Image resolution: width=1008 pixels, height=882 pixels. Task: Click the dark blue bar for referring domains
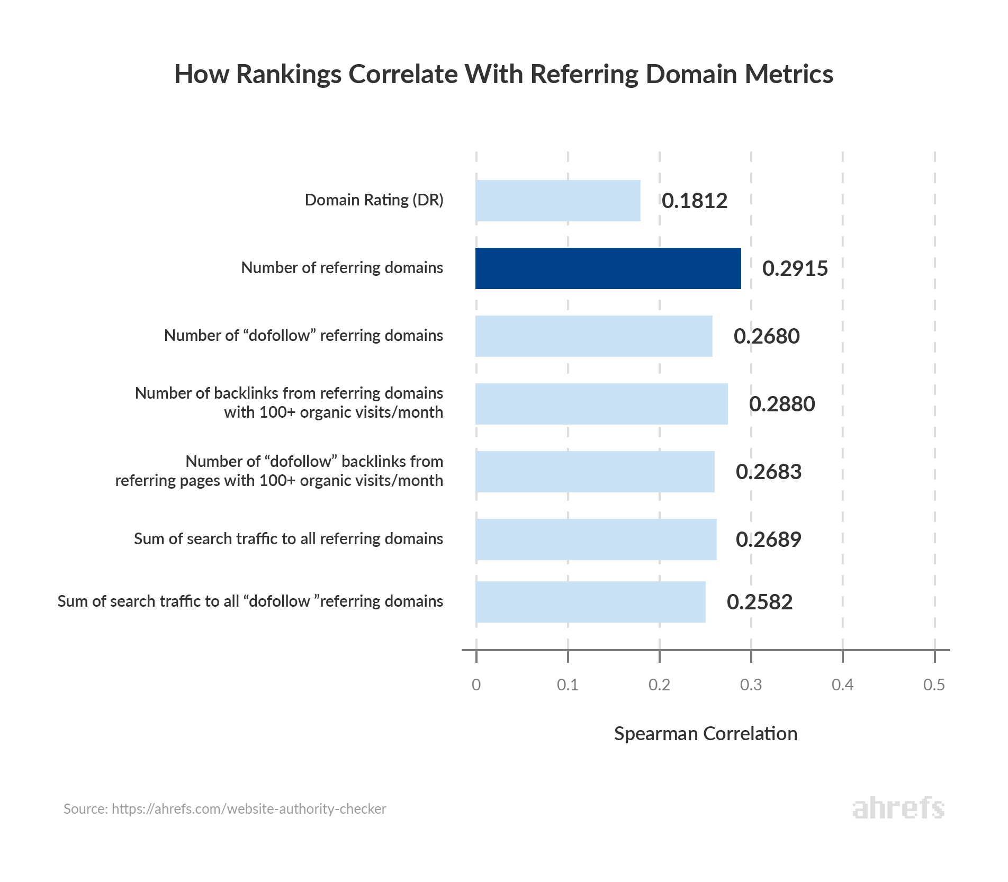tap(608, 268)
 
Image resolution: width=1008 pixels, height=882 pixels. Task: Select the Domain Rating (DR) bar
tap(557, 201)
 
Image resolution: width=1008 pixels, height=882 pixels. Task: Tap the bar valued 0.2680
tap(593, 336)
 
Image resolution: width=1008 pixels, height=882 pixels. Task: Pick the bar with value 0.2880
tap(601, 404)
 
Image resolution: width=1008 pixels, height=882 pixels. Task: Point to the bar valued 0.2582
tap(590, 602)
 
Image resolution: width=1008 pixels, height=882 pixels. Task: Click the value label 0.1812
tap(695, 201)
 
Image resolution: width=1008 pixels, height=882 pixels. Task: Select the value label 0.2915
tap(795, 269)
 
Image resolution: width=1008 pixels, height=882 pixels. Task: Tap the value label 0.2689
tap(768, 540)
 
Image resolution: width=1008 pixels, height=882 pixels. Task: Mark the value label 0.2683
tap(768, 472)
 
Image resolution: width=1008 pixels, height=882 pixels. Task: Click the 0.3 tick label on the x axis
tap(751, 685)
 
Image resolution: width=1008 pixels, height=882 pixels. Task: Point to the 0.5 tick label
tap(934, 685)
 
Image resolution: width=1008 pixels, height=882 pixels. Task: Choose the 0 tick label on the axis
tap(476, 685)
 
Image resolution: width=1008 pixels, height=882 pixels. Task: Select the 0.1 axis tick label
tap(568, 685)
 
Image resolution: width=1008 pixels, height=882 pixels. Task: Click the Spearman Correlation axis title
tap(705, 734)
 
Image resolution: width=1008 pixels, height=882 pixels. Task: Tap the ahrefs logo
tap(898, 808)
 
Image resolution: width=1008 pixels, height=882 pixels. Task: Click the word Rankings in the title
tap(289, 75)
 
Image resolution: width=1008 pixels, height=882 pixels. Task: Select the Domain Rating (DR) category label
tap(374, 200)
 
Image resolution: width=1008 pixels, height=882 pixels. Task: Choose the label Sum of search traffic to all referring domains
tap(289, 539)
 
